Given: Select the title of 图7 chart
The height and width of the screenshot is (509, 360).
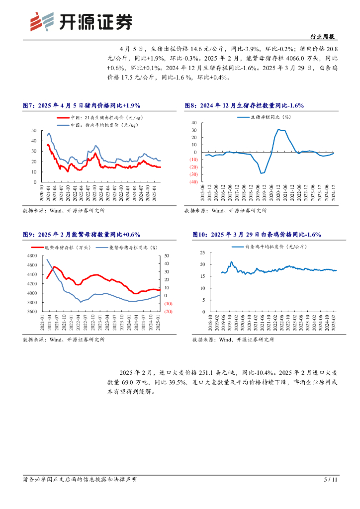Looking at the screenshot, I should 82,105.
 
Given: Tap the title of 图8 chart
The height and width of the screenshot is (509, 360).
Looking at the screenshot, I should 244,105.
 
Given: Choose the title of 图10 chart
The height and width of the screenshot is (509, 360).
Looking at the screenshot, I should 257,234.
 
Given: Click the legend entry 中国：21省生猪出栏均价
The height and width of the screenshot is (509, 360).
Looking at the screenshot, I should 102,117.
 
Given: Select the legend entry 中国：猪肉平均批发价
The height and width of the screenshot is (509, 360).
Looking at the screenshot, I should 102,125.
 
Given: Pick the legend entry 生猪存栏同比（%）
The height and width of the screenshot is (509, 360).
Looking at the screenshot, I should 269,117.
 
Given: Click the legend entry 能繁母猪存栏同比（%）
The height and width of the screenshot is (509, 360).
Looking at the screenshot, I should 132,247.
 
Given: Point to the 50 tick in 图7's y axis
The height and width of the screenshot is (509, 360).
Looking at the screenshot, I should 34,130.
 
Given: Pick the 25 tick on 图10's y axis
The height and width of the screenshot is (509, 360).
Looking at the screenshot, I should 203,253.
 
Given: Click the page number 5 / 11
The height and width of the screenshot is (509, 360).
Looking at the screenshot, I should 331,480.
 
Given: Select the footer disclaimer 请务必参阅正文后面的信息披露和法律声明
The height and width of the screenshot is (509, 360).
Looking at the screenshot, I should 80,480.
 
